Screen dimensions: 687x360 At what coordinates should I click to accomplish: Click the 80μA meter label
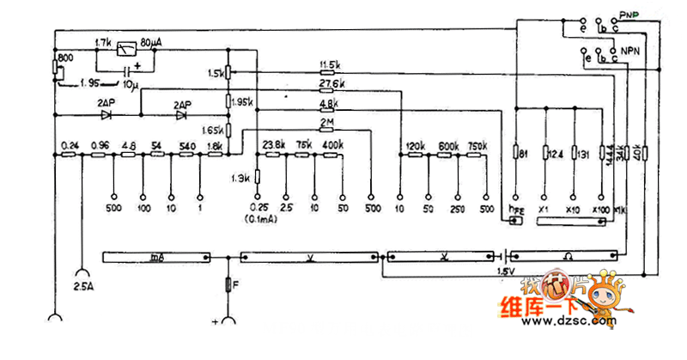pyautogui.click(x=165, y=41)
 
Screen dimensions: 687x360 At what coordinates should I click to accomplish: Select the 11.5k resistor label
pyautogui.click(x=331, y=65)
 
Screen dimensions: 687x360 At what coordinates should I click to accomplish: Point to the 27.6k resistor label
pyautogui.click(x=331, y=84)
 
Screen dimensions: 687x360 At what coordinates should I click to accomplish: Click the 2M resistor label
pyautogui.click(x=326, y=122)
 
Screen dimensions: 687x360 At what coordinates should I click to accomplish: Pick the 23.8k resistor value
pyautogui.click(x=274, y=144)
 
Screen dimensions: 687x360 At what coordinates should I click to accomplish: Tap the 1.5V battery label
pyautogui.click(x=506, y=274)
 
